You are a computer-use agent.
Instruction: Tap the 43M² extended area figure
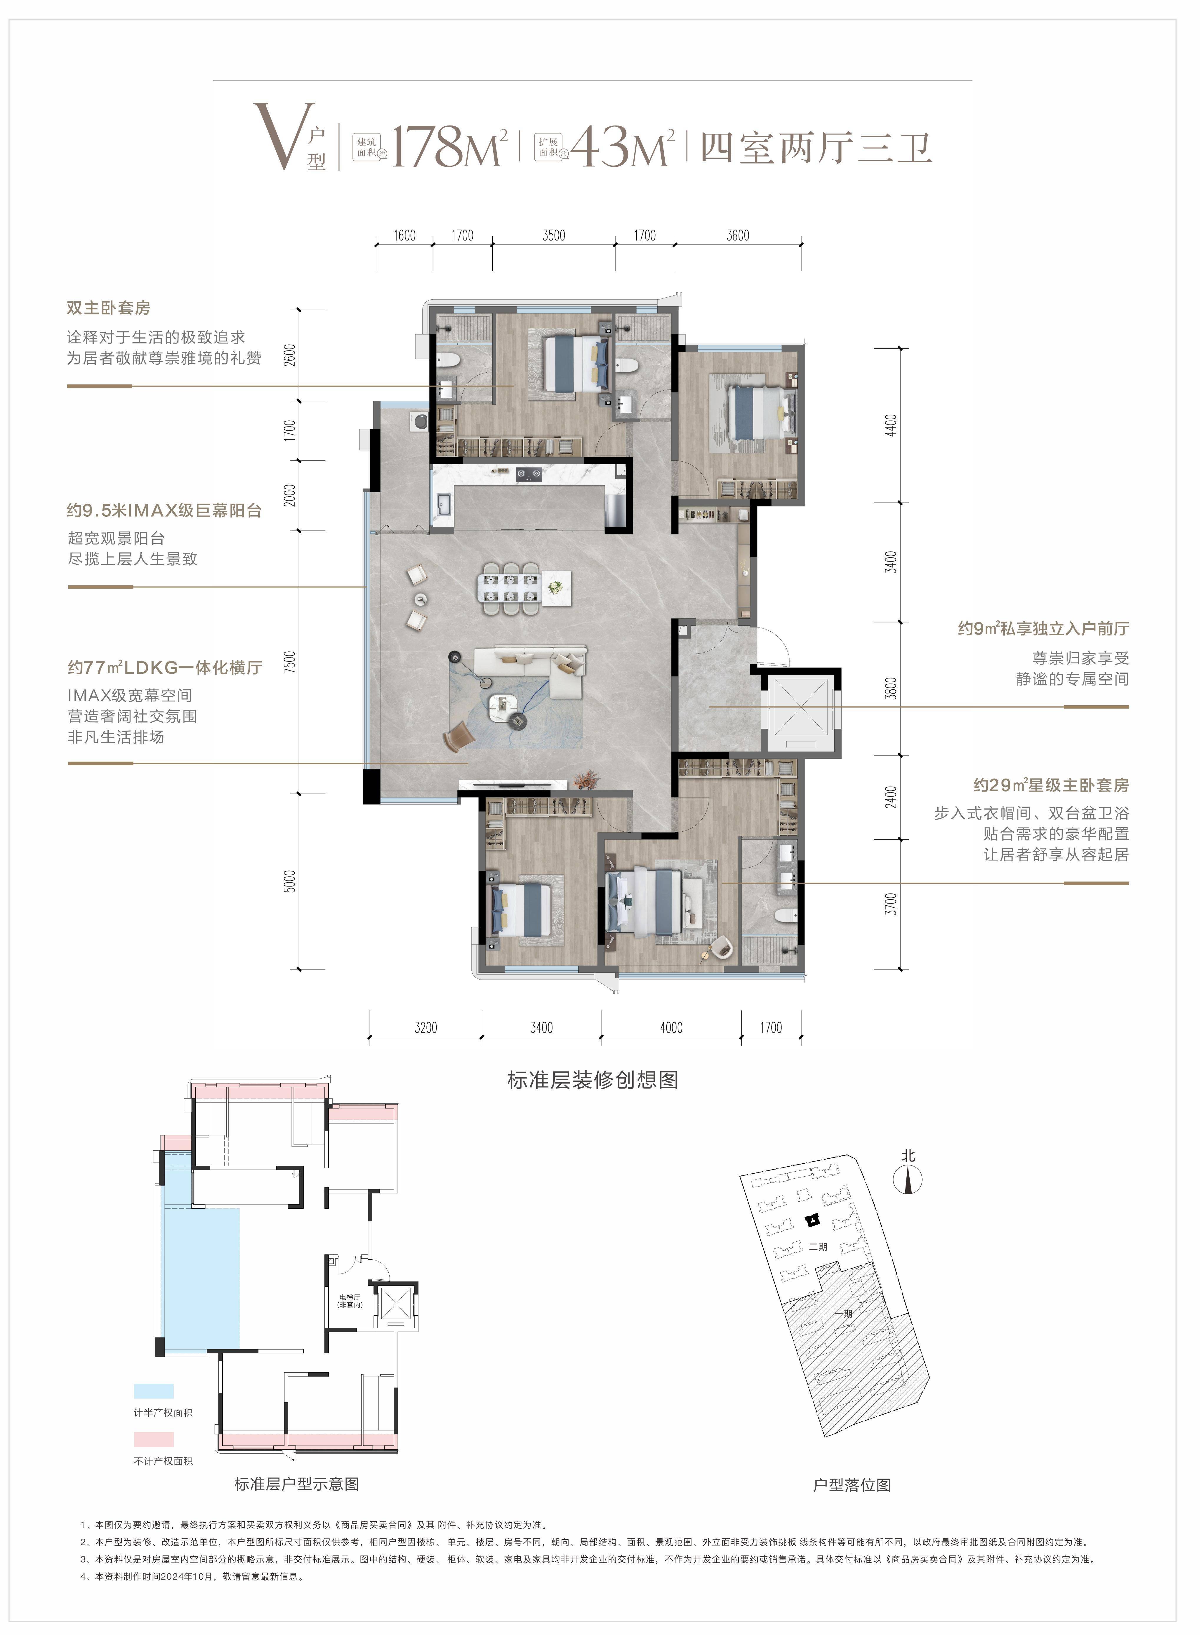(623, 146)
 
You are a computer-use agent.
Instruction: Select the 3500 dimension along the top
(554, 235)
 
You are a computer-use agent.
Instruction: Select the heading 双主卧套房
(109, 308)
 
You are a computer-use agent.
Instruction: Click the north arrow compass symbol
(908, 1179)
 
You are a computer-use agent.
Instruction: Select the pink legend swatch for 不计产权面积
(154, 1439)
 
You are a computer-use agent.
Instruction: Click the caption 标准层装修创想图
(593, 1080)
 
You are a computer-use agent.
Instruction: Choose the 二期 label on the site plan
(818, 1246)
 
